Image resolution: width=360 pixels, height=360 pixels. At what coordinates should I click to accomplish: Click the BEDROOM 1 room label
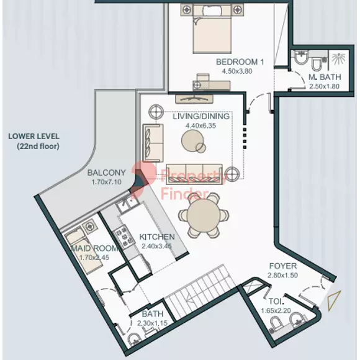240,62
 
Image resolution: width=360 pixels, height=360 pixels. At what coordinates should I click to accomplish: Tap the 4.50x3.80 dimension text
237,71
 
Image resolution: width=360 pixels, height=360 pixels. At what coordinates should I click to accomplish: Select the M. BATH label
325,77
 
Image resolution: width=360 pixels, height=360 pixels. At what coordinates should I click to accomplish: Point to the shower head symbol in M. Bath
338,58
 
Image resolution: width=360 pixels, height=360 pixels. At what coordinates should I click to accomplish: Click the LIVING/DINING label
201,116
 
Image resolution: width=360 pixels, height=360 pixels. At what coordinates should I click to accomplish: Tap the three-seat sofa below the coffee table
194,174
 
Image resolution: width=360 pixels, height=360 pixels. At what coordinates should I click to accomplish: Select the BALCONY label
107,173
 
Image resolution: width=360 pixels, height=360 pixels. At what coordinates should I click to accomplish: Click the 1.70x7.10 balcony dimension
107,182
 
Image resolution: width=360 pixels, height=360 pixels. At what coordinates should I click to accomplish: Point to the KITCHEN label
157,236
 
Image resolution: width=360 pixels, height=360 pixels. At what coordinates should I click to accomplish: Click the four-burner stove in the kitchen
124,237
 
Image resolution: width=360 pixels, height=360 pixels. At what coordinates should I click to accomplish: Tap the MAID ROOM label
94,248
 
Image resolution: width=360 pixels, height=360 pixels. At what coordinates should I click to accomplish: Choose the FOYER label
283,266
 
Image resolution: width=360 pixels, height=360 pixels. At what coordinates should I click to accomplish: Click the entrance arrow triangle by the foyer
334,301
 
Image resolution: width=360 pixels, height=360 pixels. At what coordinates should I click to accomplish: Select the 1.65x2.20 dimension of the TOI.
276,310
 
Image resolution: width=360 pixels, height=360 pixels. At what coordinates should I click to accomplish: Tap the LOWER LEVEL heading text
34,136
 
